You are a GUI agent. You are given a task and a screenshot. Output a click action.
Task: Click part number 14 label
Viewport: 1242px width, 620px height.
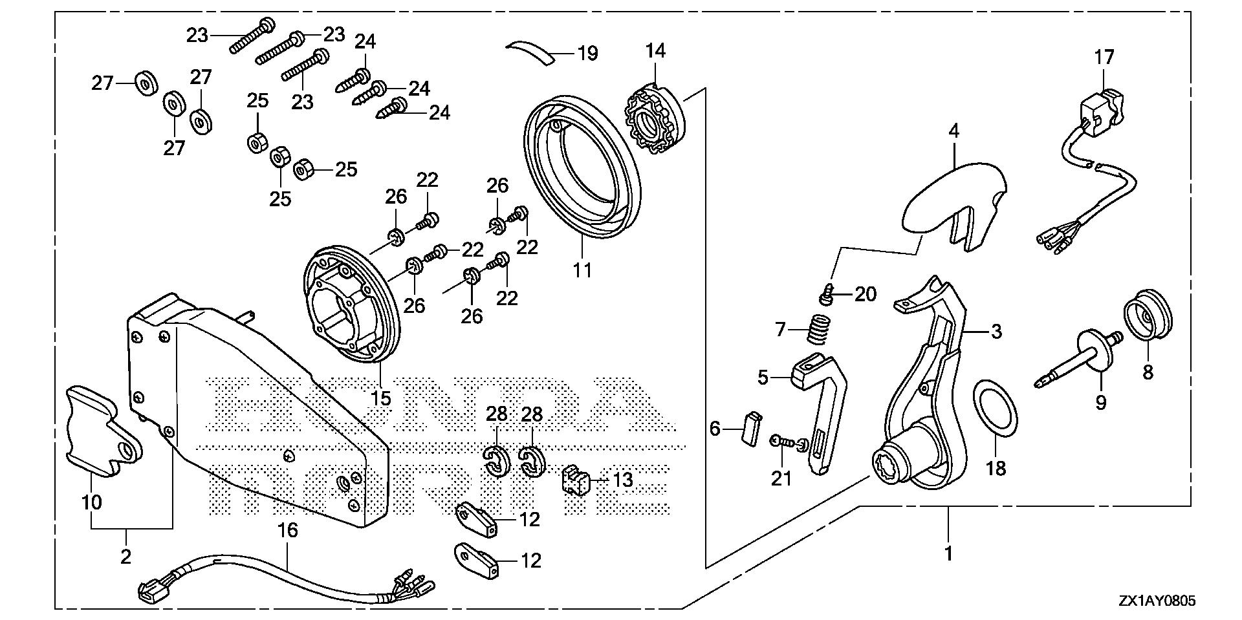click(655, 50)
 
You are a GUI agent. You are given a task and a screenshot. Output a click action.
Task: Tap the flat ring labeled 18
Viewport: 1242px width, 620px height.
click(996, 418)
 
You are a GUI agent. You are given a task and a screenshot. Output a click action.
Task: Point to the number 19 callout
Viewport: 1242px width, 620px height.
click(587, 53)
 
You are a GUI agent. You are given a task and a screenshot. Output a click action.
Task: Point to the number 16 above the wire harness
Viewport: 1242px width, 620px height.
click(288, 531)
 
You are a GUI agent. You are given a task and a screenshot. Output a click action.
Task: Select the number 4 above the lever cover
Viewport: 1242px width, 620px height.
click(953, 131)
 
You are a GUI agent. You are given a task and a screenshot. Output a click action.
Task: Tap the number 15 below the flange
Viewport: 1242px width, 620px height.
click(381, 398)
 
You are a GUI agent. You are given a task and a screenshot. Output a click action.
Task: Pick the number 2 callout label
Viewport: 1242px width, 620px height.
click(126, 556)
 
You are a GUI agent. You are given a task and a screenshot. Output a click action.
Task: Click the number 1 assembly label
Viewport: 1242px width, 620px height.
click(948, 553)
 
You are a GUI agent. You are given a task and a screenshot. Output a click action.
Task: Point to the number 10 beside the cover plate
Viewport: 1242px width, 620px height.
click(92, 502)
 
